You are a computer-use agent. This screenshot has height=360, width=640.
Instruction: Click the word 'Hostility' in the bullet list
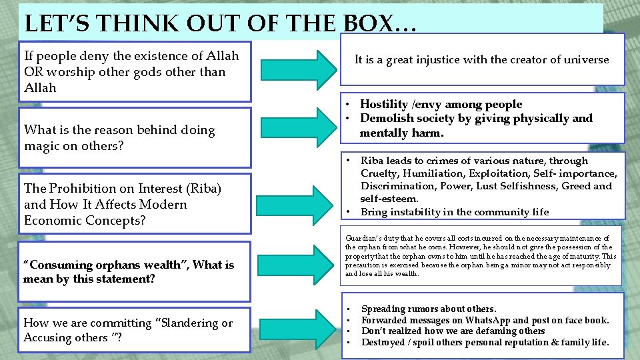384,105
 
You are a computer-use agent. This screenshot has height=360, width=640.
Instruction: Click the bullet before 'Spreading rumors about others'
348,309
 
